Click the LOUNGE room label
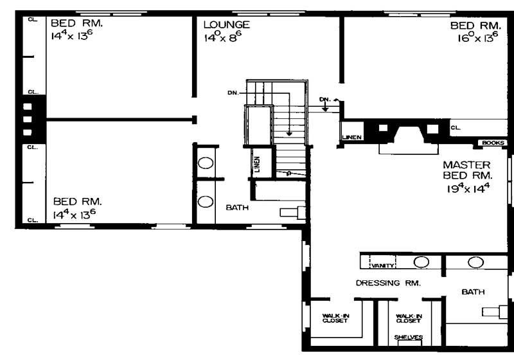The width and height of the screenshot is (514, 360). (226, 25)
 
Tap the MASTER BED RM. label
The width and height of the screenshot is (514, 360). (466, 170)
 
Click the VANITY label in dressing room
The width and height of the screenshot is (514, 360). (382, 265)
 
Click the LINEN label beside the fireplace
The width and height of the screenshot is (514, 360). (351, 137)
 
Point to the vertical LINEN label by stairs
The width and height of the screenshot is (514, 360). (257, 165)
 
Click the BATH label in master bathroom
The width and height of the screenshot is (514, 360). (473, 292)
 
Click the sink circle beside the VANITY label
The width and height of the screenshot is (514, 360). (421, 262)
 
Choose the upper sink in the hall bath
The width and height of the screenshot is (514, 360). (205, 163)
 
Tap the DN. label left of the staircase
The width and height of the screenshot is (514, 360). (232, 93)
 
